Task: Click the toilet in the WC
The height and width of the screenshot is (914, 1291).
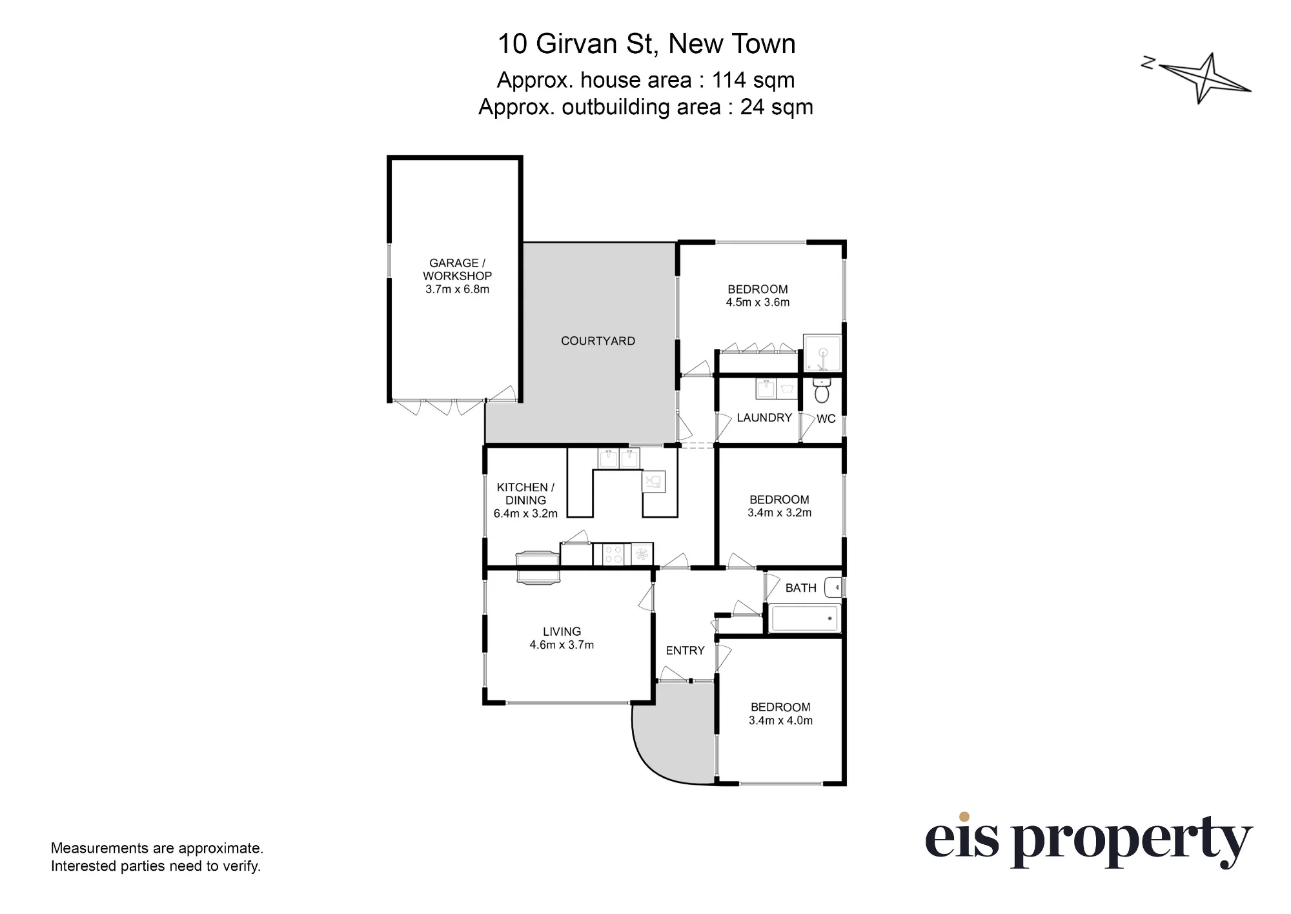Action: (822, 390)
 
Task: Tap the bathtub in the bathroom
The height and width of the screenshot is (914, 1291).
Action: (804, 618)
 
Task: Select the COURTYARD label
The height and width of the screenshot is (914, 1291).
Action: (598, 341)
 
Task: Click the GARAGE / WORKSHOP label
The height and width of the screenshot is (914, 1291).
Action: (457, 269)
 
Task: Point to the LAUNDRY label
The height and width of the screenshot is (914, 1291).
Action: (764, 418)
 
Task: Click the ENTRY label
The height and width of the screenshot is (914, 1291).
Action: (685, 651)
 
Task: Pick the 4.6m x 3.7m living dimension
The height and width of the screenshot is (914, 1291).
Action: (562, 645)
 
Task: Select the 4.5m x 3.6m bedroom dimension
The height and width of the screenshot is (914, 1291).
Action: (758, 302)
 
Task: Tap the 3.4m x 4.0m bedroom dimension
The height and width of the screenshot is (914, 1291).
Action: (780, 720)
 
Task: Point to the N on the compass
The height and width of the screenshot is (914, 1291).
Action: (1148, 63)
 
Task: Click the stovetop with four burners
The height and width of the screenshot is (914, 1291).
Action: (613, 554)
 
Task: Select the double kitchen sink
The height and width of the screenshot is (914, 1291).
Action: (619, 458)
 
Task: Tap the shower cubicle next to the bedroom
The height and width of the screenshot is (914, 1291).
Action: (822, 353)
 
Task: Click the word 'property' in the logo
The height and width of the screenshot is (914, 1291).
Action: (1131, 842)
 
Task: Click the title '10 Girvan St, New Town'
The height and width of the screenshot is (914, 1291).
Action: (646, 44)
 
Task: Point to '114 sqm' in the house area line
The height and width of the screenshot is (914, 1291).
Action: (753, 80)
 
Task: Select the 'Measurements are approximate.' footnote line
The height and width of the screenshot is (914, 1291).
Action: (157, 848)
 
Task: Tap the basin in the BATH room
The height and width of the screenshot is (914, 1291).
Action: (833, 587)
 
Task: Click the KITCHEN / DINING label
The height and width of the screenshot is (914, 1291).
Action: (525, 494)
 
